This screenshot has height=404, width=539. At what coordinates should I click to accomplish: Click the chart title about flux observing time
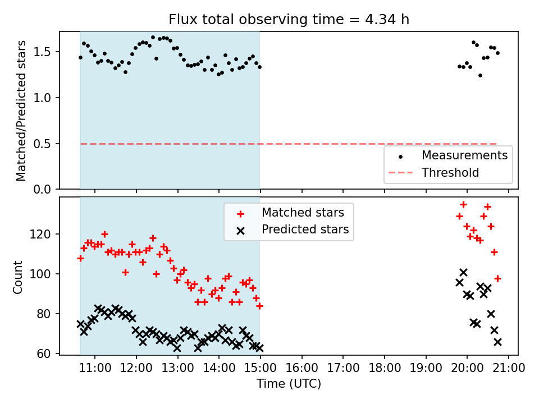[289, 20]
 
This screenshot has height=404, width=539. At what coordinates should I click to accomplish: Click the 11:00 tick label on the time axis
[95, 368]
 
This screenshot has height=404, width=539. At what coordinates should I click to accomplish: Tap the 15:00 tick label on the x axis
[261, 368]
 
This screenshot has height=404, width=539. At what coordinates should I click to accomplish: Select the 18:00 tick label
[385, 368]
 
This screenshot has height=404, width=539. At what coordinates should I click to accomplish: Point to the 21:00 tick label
[509, 368]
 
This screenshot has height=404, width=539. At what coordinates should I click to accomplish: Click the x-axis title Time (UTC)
[289, 384]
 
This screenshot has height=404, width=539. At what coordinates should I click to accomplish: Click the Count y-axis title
[18, 277]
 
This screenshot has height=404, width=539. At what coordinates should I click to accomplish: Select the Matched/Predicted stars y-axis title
[21, 111]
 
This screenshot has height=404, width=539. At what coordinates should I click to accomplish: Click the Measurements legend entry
[464, 155]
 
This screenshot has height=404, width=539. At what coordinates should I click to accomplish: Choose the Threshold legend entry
[450, 173]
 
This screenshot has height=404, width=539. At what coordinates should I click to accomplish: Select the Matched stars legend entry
[303, 212]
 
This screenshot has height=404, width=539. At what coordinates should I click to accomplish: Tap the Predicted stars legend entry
[305, 229]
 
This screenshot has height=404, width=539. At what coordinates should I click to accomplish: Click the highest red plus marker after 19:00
[463, 205]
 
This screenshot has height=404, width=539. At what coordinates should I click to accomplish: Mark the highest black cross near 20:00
[463, 273]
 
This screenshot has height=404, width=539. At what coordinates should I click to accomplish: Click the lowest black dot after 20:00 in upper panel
[480, 75]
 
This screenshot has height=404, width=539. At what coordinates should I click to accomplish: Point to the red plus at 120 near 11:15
[104, 234]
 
